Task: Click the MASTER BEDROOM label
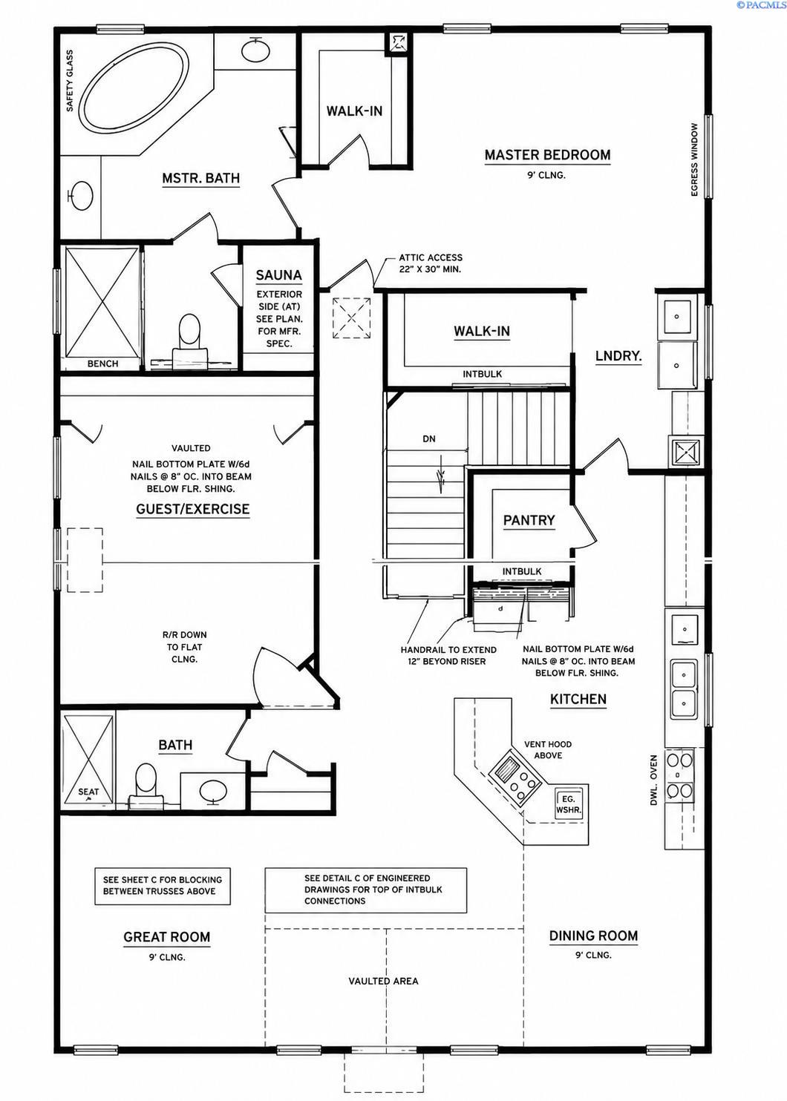[x=547, y=155]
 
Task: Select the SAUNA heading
[x=279, y=275]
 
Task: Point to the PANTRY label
[x=529, y=520]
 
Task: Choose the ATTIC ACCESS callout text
[x=431, y=263]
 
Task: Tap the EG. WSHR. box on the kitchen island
[x=569, y=805]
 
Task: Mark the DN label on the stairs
[x=429, y=439]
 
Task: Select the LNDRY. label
[x=618, y=356]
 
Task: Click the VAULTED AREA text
[x=384, y=981]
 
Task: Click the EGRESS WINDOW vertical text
[x=694, y=160]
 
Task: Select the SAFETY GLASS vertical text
[x=70, y=81]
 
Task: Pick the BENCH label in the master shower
[x=102, y=364]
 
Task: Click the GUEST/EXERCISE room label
[x=193, y=509]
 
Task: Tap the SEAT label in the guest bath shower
[x=88, y=792]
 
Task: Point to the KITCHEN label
[x=578, y=699]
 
